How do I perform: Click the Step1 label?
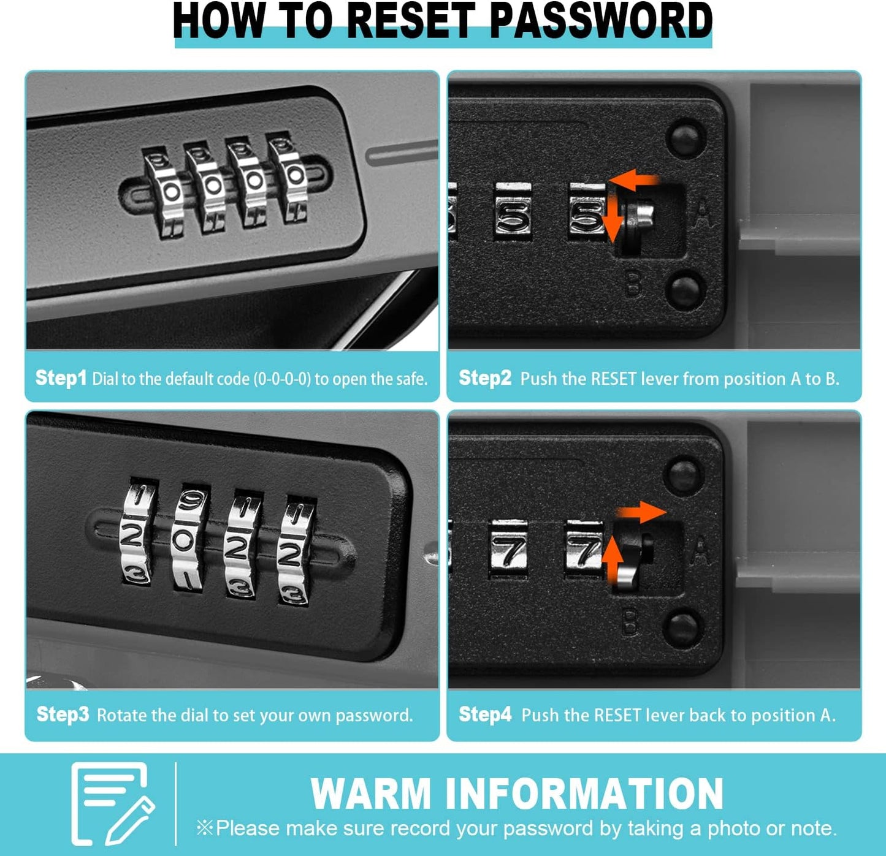61,377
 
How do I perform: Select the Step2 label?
485,377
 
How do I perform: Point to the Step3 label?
63,714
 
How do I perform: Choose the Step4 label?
486,714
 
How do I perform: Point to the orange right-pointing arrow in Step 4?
642,512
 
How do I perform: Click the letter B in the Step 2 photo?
634,284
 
